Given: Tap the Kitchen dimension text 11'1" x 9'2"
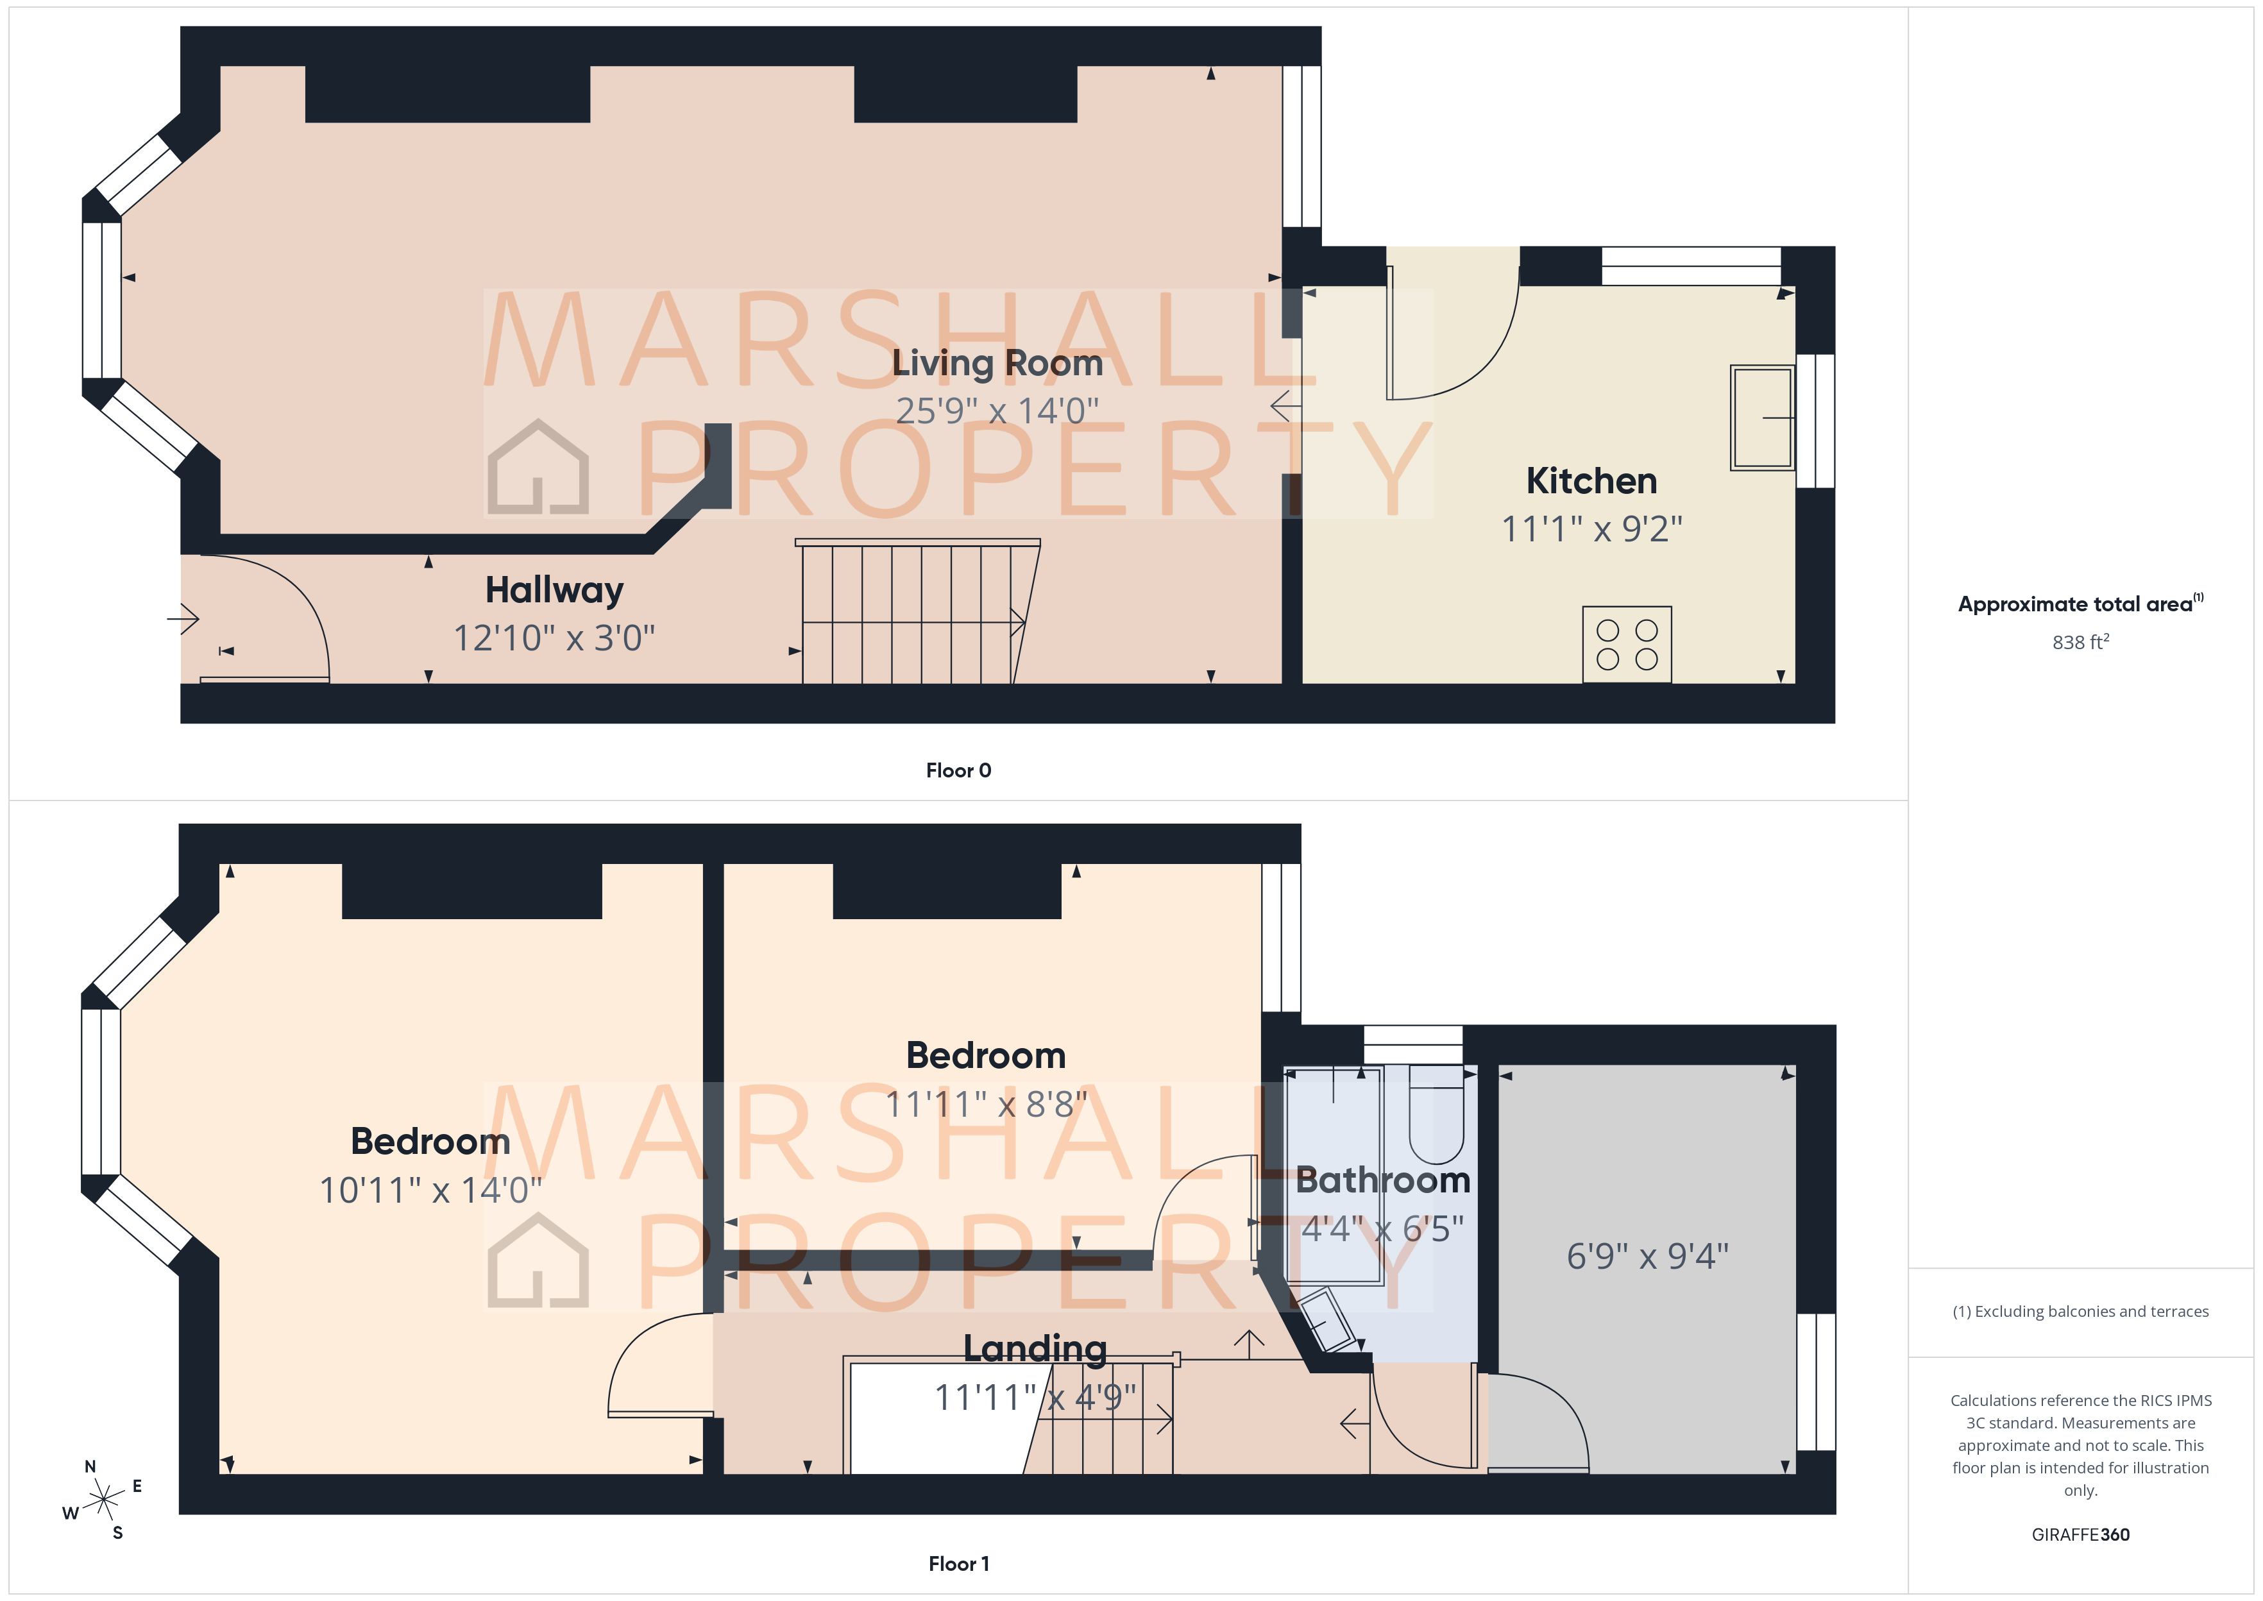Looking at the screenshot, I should pos(1591,529).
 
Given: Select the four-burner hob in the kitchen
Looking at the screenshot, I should pos(1626,645).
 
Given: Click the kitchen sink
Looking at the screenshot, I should pos(1762,418).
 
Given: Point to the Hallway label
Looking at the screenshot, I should pos(554,591).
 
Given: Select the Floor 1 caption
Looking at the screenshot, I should pos(958,1564).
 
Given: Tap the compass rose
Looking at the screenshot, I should pos(103,1500).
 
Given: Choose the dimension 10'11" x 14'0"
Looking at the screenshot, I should pos(430,1191).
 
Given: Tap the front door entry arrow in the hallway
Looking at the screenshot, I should pos(183,619).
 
